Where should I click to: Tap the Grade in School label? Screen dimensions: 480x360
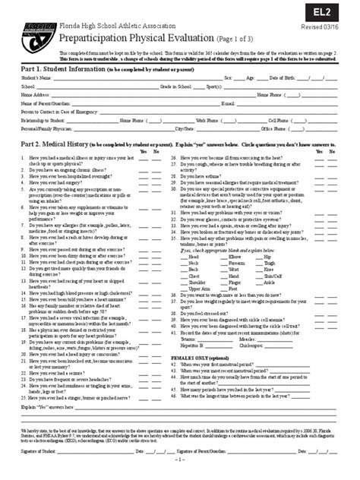pyautogui.click(x=175, y=87)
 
